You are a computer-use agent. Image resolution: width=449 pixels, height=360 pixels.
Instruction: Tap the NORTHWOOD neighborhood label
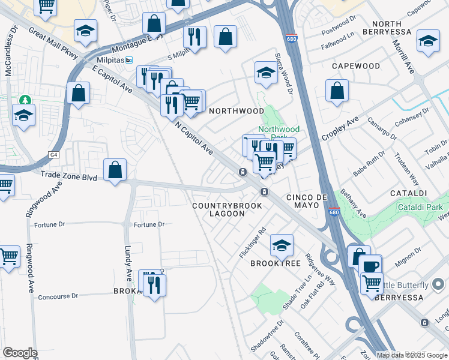(236, 111)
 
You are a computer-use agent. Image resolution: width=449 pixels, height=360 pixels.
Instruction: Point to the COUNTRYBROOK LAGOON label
(227, 209)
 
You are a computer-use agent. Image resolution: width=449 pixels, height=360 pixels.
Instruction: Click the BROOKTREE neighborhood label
(271, 263)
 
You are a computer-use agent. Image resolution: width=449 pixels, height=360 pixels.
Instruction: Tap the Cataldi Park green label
(420, 207)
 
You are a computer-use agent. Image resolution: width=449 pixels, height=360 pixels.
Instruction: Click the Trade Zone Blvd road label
(68, 176)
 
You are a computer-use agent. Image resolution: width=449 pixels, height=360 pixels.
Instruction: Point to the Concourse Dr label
(58, 296)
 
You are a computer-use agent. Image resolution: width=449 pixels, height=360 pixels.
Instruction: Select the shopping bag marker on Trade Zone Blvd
(115, 169)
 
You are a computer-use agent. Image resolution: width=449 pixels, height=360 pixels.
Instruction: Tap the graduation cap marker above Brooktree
(282, 244)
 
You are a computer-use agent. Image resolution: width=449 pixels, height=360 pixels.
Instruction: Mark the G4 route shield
(55, 155)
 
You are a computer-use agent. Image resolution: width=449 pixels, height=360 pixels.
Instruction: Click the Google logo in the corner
(20, 353)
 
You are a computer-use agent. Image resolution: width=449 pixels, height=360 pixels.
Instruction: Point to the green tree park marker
(24, 100)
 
